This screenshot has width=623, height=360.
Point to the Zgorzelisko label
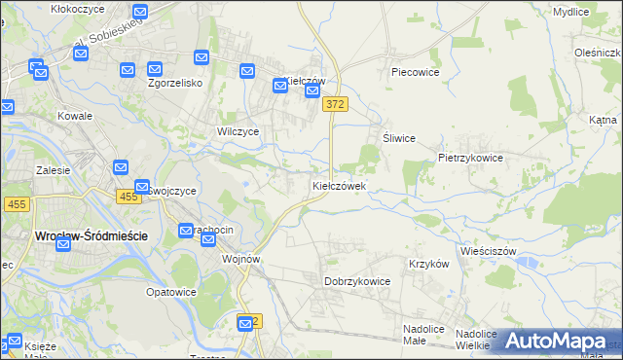tap(174, 83)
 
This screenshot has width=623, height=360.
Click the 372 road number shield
tap(336, 104)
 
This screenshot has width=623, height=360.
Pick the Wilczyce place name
tap(238, 131)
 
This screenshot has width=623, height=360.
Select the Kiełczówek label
tap(339, 185)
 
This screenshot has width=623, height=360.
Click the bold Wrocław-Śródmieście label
tap(77, 235)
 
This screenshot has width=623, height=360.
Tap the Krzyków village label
tap(428, 264)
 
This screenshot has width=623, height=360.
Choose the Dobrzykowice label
tap(356, 281)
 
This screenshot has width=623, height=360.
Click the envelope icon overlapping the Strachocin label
tap(187, 231)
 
